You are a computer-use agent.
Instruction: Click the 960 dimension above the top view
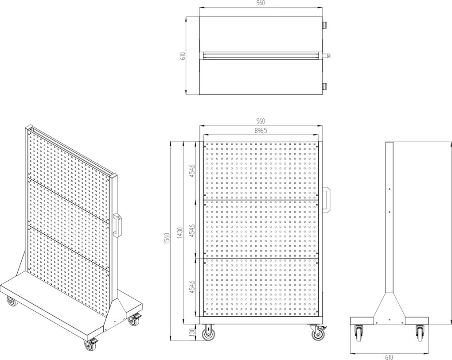point(260,3)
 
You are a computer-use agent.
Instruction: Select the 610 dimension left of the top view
point(182,56)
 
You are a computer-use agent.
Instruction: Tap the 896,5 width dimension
point(260,131)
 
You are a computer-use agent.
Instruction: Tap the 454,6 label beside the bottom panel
point(193,286)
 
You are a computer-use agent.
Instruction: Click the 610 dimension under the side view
point(389,357)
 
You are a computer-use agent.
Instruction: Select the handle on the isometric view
point(118,225)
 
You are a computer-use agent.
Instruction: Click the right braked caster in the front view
point(318,333)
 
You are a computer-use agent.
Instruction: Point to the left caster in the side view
point(359,333)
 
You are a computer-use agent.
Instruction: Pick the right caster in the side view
point(420,333)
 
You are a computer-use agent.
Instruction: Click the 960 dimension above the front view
point(260,121)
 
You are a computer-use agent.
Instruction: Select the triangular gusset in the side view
point(389,309)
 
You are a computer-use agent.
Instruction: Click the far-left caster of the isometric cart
point(12,301)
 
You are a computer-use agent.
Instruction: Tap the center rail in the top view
point(261,56)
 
